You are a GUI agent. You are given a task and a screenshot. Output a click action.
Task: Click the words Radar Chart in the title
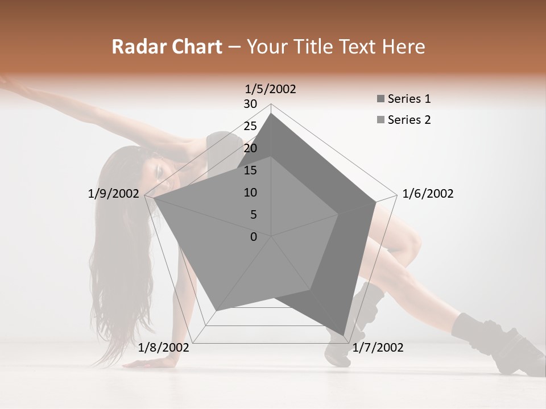[167, 47]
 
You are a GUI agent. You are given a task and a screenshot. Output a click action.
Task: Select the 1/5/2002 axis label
[271, 89]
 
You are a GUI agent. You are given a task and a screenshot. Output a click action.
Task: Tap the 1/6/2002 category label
[428, 194]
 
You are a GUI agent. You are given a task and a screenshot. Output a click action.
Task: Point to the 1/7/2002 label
[378, 348]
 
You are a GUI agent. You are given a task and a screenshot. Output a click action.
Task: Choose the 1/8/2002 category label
[164, 348]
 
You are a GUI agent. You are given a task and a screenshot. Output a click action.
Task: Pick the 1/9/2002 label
[114, 194]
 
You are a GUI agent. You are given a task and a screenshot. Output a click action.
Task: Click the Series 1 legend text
[409, 99]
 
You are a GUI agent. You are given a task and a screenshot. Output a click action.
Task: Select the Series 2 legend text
[409, 120]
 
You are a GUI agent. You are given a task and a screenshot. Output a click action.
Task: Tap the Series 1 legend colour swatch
[380, 99]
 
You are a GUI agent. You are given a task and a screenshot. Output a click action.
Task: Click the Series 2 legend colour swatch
[380, 120]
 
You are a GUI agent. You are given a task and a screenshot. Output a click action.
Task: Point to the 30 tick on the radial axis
[250, 104]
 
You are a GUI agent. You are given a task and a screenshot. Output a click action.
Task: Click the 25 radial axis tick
[250, 126]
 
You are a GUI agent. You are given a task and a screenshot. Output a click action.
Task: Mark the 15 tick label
[250, 170]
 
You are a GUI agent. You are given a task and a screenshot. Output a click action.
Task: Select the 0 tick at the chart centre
[254, 237]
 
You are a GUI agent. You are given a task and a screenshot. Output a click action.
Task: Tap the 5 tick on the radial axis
[254, 215]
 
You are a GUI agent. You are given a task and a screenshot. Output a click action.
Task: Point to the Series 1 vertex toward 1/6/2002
[375, 202]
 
